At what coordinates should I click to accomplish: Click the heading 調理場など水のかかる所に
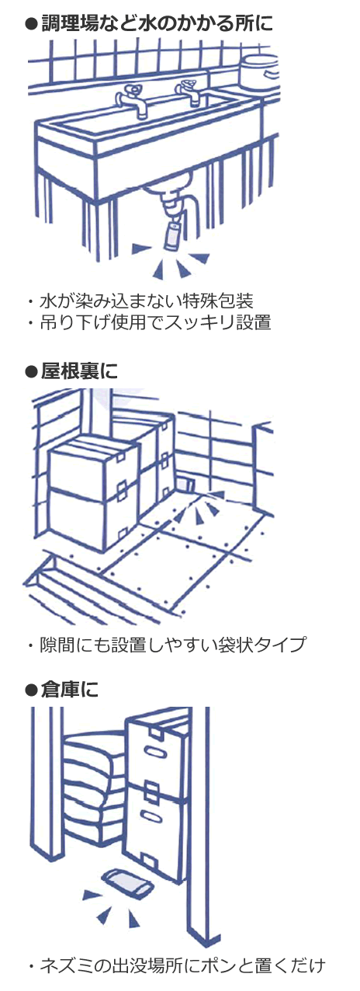157,24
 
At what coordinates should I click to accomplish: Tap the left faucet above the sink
132,99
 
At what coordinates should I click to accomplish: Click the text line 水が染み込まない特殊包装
146,301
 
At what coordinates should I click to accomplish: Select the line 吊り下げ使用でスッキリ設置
155,322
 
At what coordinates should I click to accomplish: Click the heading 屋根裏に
79,371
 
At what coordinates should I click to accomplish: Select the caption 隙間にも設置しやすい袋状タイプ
172,645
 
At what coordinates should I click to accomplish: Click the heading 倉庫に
69,690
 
